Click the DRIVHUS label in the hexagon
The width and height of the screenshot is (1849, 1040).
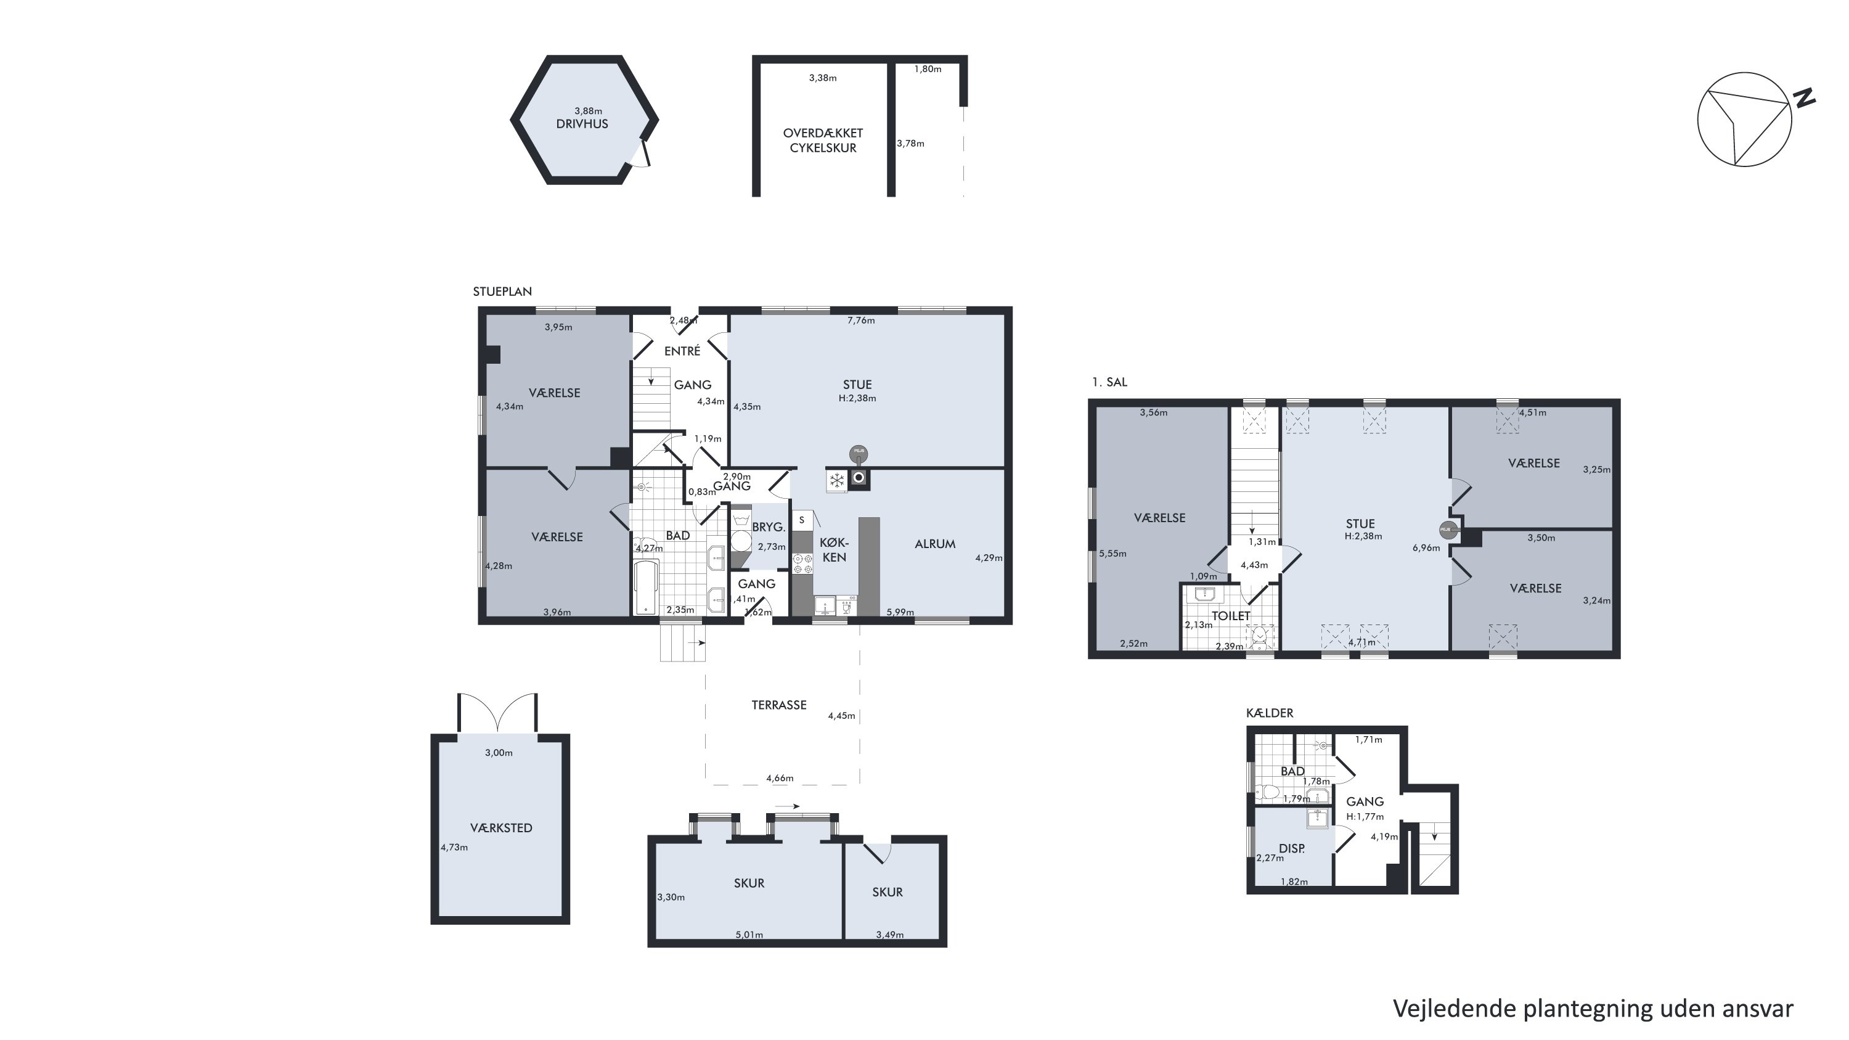tap(582, 124)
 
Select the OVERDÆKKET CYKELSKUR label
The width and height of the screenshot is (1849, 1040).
tap(823, 141)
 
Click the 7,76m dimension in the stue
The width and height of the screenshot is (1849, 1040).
tap(860, 321)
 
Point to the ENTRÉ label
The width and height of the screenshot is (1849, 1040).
tap(682, 351)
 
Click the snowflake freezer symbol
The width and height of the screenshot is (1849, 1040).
tap(837, 480)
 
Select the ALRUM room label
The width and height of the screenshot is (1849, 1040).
tap(934, 544)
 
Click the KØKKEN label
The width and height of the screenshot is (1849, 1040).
tap(834, 550)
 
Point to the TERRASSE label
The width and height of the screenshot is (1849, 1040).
tap(779, 705)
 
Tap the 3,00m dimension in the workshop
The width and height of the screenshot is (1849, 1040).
tap(499, 753)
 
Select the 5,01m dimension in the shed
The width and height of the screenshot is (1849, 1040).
tap(749, 935)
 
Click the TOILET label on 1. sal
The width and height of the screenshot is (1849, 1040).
tap(1231, 616)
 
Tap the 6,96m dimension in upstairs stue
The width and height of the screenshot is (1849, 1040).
tap(1426, 547)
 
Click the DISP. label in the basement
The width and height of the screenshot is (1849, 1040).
tap(1292, 848)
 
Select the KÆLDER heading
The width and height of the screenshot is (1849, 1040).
tap(1270, 713)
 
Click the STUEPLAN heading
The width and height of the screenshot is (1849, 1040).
tap(502, 292)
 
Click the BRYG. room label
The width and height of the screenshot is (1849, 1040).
tap(769, 527)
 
